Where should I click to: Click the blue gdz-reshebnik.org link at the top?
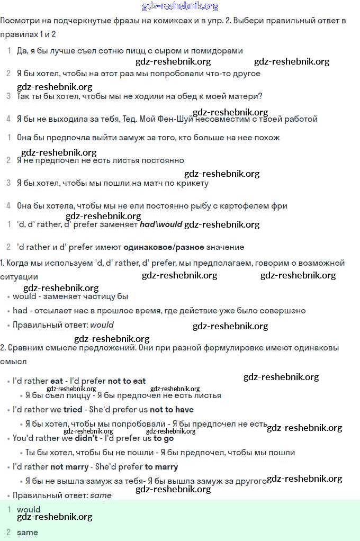180,6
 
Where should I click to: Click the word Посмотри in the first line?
19,21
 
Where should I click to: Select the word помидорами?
219,51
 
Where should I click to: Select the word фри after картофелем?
280,206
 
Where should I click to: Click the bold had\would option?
161,224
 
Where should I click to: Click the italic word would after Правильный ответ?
102,325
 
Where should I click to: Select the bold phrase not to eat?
127,381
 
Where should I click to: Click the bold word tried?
73,410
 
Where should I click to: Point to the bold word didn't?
87,438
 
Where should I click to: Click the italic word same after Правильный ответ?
101,495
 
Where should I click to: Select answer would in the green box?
29,510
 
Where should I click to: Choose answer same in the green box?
27,533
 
